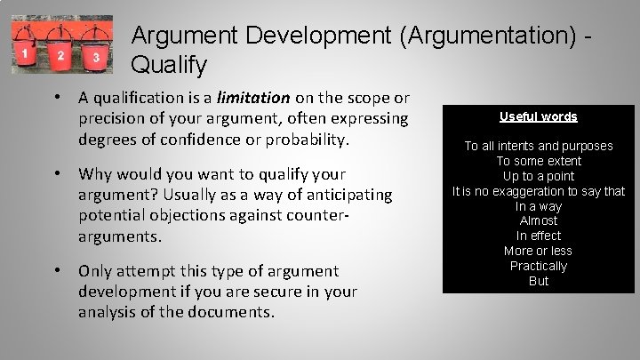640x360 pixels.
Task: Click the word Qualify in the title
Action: tap(169, 65)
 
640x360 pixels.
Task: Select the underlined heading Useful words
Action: tap(538, 116)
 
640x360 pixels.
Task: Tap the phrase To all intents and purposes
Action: tap(539, 146)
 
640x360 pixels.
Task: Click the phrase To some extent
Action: tap(539, 161)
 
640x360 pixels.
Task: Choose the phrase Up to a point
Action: tap(539, 176)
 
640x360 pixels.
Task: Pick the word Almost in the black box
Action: tap(539, 220)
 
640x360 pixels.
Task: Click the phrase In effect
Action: tap(539, 236)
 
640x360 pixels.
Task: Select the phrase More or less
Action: tap(539, 251)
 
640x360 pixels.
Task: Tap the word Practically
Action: tap(539, 266)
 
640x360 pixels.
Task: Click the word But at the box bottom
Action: tap(539, 281)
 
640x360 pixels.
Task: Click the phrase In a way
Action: tap(539, 206)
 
